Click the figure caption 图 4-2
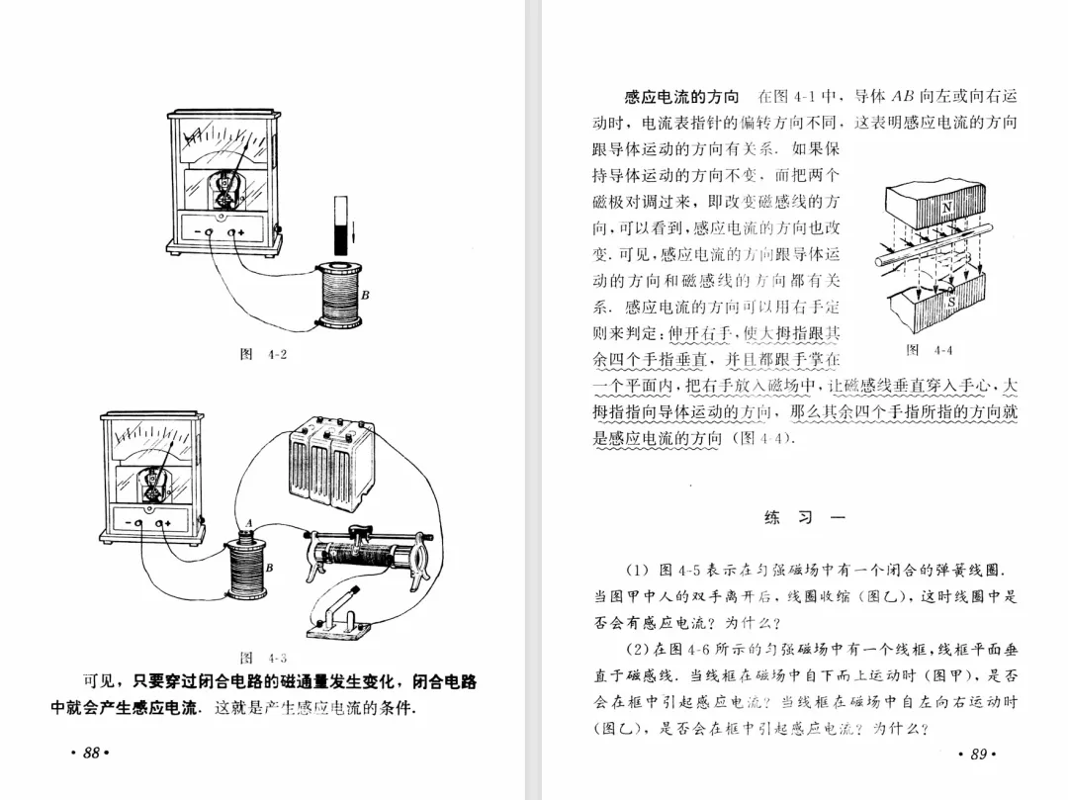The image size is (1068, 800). tap(263, 354)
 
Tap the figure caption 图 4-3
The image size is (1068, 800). tap(263, 658)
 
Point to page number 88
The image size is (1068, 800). tap(90, 754)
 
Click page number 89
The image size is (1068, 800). tap(977, 755)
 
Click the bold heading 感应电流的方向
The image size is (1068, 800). tap(681, 97)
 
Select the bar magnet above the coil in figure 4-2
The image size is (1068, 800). tap(342, 224)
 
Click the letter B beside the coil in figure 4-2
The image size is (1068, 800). tap(364, 296)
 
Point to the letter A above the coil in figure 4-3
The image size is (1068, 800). tap(249, 522)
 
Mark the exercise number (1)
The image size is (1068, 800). tap(637, 571)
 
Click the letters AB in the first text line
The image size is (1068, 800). tap(903, 97)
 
